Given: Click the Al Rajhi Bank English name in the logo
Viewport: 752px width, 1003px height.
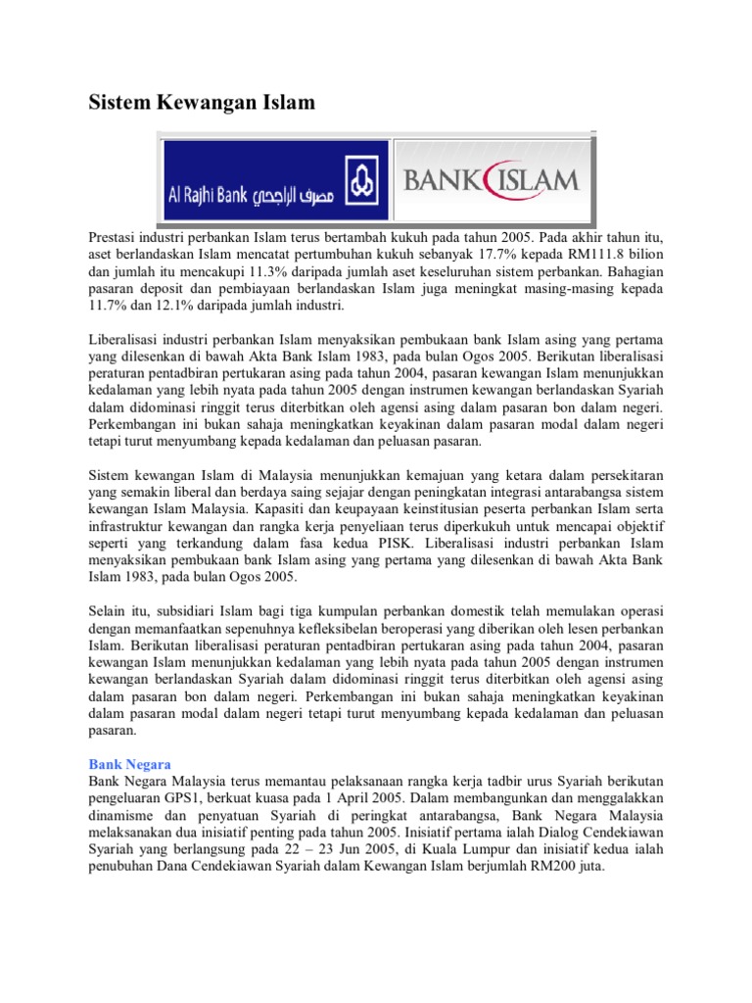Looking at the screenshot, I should (208, 196).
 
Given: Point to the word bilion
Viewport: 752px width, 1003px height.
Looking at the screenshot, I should (640, 255).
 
